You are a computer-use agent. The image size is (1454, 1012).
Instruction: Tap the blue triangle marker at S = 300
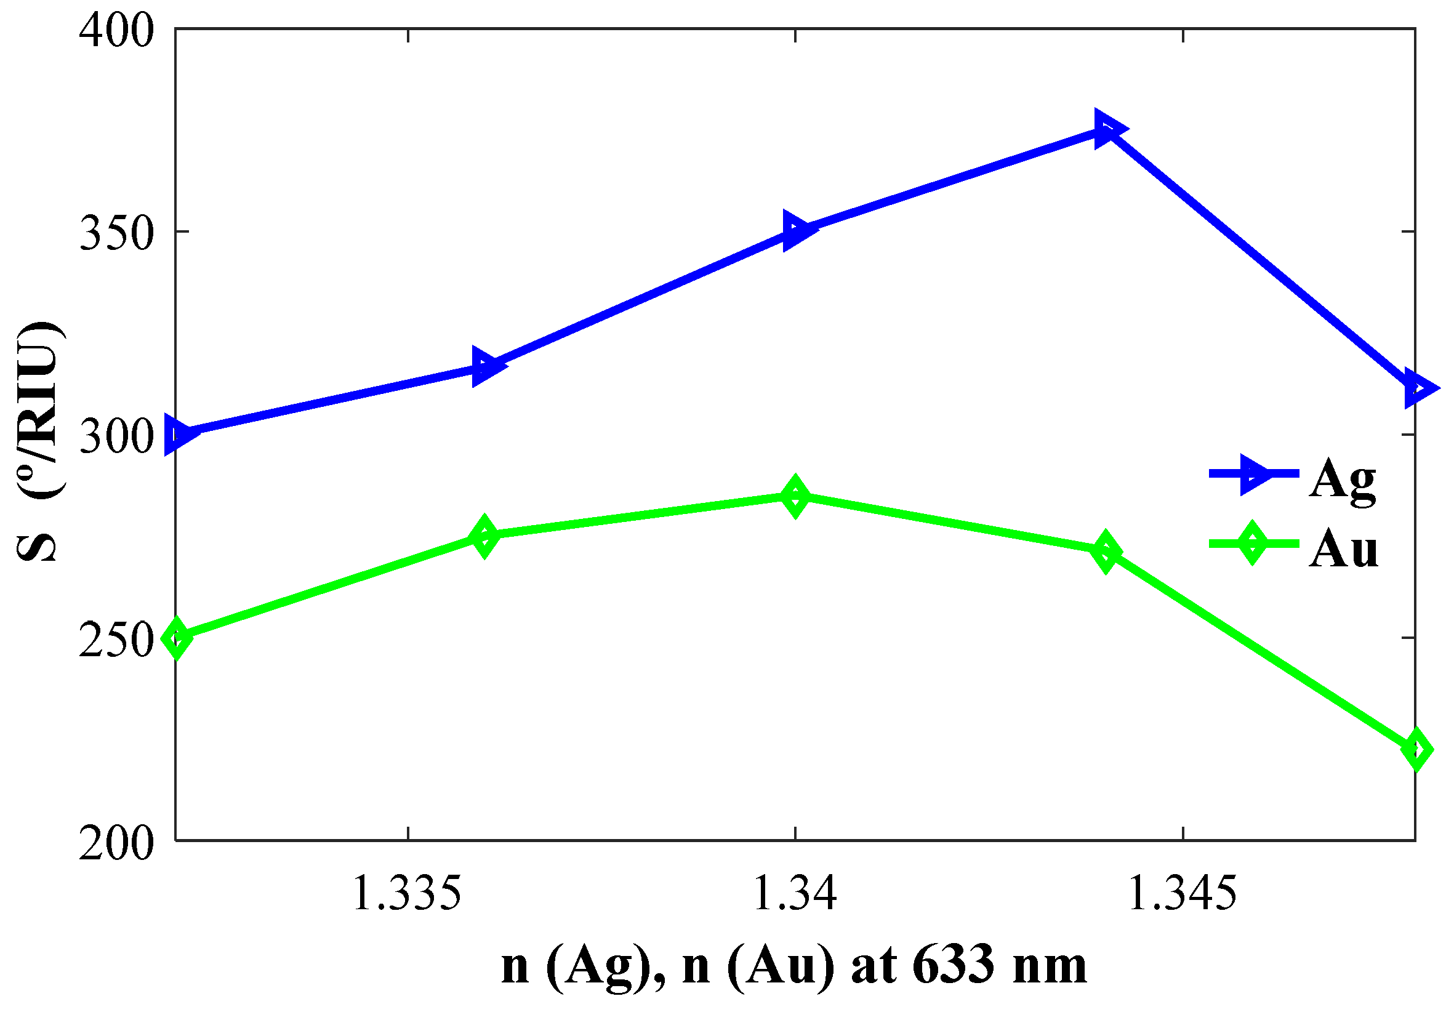click(178, 435)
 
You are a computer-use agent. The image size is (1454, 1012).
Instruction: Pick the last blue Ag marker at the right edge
click(1416, 388)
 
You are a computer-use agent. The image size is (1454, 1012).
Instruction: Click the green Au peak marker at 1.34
click(795, 496)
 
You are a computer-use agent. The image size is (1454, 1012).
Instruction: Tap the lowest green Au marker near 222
click(1416, 750)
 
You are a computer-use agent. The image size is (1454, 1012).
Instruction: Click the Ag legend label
click(1342, 480)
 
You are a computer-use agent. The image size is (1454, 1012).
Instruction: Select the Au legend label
click(1343, 549)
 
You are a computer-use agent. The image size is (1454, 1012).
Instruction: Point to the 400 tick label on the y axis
click(116, 30)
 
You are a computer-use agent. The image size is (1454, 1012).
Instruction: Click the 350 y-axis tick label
click(116, 233)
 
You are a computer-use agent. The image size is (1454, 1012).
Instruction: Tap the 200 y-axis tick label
click(116, 843)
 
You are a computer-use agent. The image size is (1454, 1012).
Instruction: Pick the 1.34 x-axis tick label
click(795, 894)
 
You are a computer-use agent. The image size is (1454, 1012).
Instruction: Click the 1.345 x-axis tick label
click(1183, 894)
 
